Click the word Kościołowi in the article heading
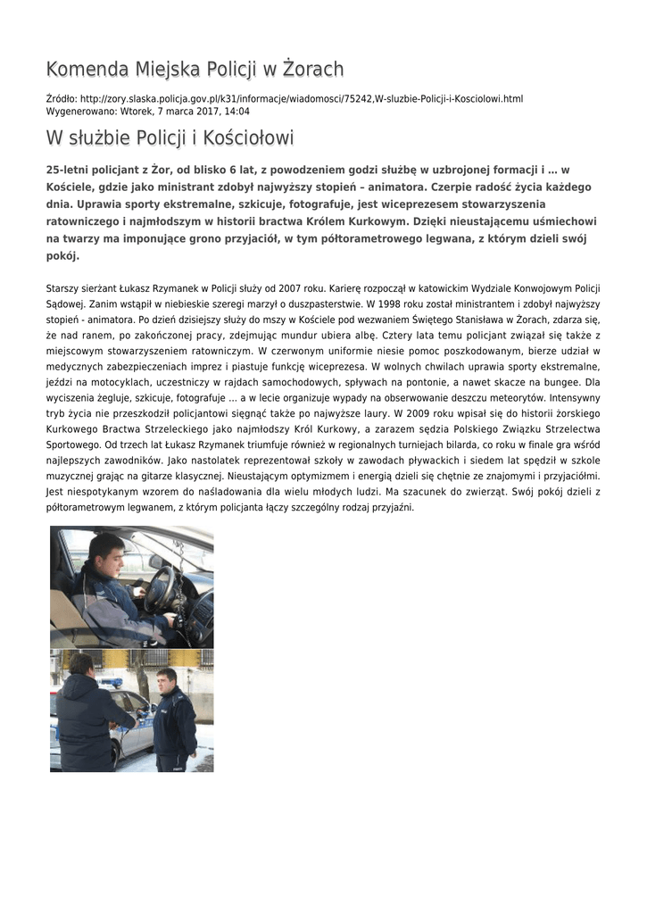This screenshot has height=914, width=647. click(x=248, y=138)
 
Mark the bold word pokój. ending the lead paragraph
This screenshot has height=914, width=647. click(x=62, y=255)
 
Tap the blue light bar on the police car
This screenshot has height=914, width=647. click(x=112, y=683)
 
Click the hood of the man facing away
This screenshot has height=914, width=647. click(x=79, y=666)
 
